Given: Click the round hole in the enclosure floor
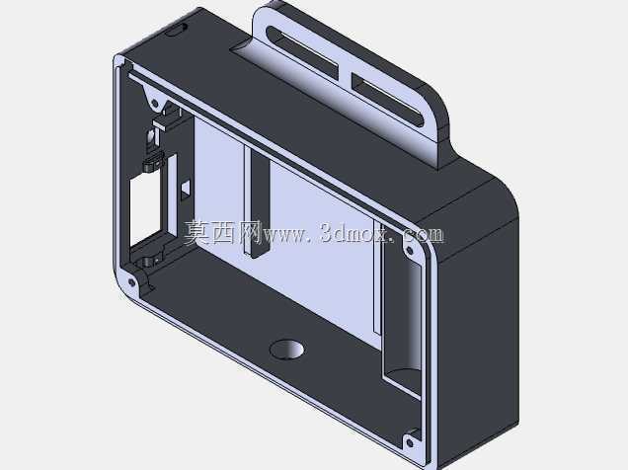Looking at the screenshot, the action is (286, 350).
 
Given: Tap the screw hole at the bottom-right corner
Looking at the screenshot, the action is (410, 443).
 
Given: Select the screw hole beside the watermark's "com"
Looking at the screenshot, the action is (410, 251).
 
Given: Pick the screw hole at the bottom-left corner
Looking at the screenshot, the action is (131, 282).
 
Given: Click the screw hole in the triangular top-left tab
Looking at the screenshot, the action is (154, 104).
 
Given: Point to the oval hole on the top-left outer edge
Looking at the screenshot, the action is (176, 30).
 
